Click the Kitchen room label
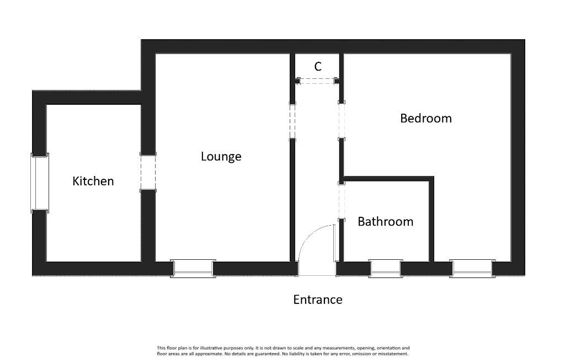pos(93,181)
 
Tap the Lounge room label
pos(221,156)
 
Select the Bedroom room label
pos(426,118)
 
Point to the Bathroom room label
pos(385,221)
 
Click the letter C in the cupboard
pos(317,67)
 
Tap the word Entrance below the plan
pos(317,300)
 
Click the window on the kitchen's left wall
pos(40,183)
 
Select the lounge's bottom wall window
pos(193,268)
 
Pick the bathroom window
pos(385,268)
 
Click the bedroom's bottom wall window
pos(472,268)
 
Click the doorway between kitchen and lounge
pos(148,172)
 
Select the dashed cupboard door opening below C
pos(317,81)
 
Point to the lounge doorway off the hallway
pos(292,121)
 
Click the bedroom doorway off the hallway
pos(342,121)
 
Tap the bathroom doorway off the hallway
pos(342,201)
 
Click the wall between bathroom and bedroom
pos(431,220)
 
